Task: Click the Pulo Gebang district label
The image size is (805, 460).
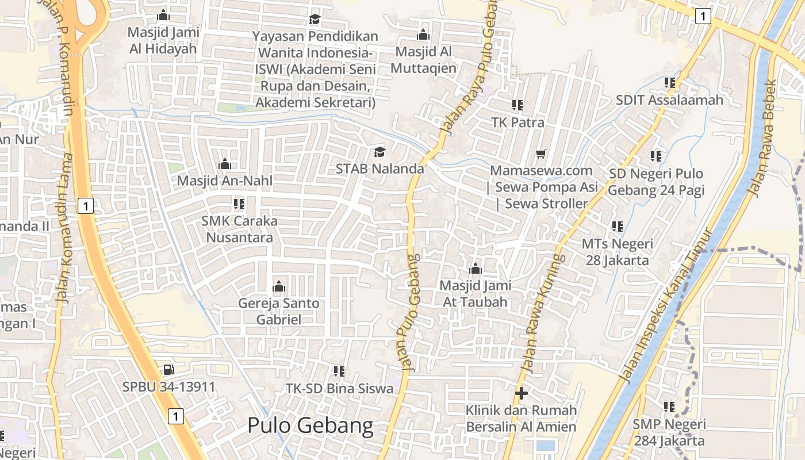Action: (310, 426)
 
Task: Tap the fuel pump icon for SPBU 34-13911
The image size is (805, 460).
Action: (168, 369)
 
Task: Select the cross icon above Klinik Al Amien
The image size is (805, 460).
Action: (522, 393)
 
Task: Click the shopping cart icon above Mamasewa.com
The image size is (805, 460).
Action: (540, 154)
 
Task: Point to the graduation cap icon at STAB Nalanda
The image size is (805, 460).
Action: (379, 152)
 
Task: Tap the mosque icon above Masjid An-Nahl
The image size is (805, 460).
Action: (225, 164)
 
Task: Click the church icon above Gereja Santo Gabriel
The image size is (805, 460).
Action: (279, 286)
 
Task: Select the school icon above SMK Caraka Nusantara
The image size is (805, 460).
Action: (239, 204)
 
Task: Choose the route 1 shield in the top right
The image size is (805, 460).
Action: (702, 16)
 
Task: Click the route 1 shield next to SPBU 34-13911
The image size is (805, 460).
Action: (176, 416)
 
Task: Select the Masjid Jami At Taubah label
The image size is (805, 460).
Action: (475, 293)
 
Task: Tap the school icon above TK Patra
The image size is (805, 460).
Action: (517, 105)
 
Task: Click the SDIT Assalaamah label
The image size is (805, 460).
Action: (669, 100)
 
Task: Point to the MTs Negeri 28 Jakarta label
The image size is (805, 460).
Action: (618, 252)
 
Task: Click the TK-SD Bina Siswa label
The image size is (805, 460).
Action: (340, 388)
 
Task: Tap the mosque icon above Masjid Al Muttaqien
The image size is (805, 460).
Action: (423, 34)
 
